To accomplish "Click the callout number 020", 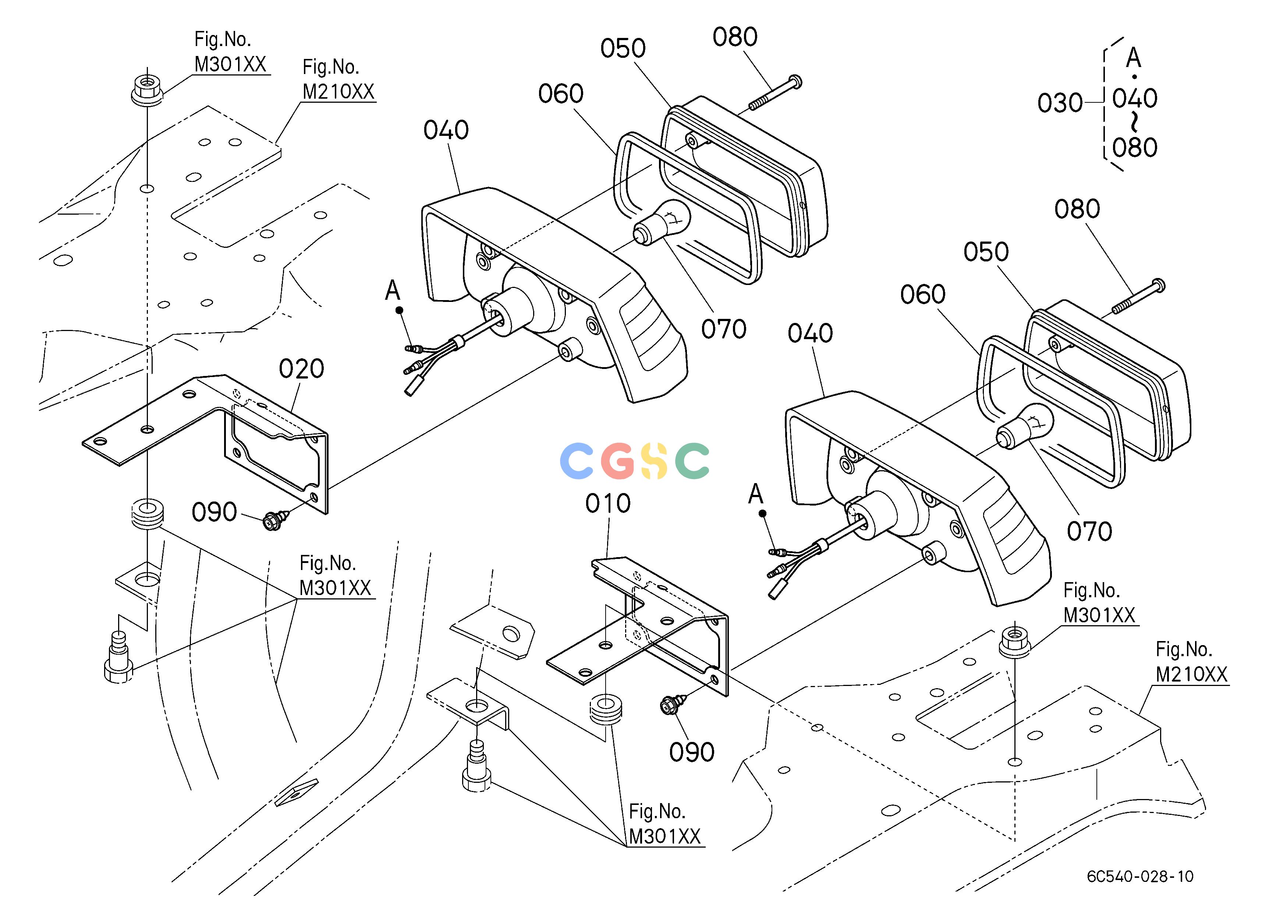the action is [302, 369].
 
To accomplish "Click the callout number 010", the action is [608, 504].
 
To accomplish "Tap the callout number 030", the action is [1060, 103].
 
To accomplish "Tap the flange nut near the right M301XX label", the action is [1014, 640].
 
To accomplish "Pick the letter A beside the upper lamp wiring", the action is [393, 291].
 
